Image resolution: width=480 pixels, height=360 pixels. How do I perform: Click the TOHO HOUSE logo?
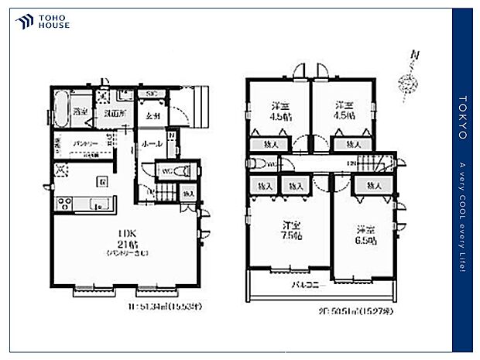coord(43,22)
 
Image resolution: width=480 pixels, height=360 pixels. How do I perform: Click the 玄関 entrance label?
coord(152,116)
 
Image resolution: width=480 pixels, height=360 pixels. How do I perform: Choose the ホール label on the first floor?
coord(152,144)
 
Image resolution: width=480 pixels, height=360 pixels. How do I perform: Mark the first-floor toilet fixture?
coord(180,171)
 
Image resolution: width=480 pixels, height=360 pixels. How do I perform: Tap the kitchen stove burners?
coord(63,204)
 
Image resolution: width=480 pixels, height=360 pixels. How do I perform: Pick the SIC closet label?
coord(152,94)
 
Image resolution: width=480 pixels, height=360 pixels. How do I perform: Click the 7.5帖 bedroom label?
coord(291,231)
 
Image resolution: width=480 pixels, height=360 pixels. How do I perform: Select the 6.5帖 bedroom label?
coord(366,235)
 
